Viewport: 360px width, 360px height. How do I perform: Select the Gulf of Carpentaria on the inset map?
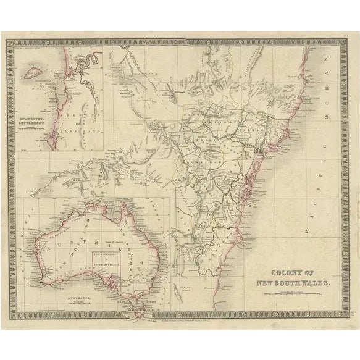tap(111, 219)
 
